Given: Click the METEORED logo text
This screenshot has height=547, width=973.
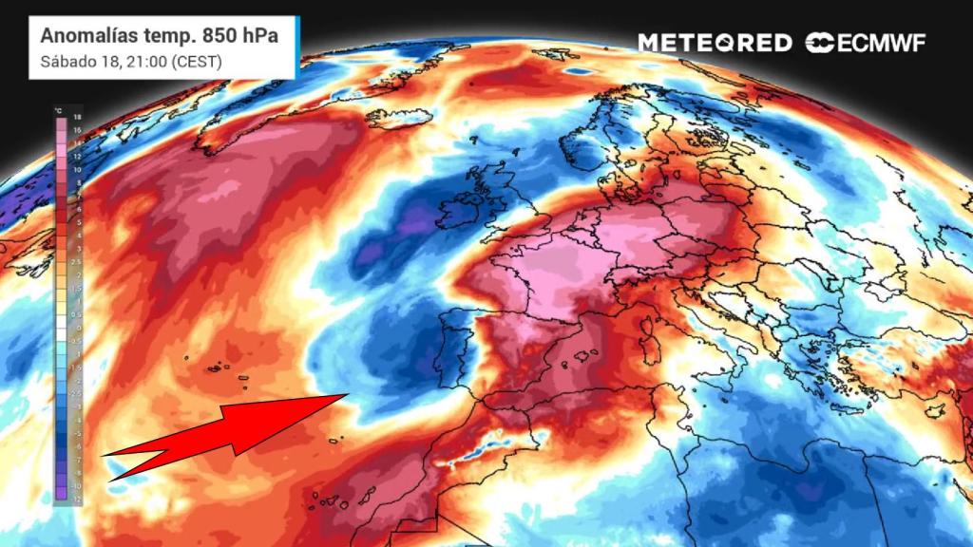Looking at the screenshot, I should pos(715,43).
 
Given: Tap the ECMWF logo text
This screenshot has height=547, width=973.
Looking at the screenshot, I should pos(879,43).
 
